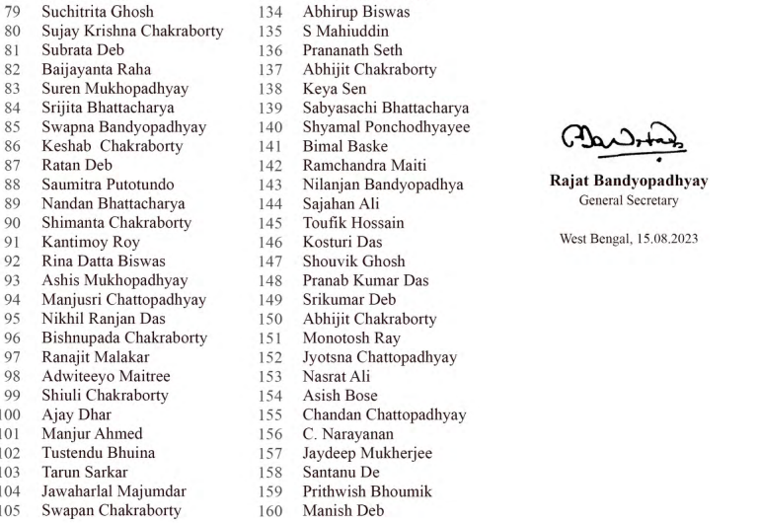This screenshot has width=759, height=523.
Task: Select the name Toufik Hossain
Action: pos(352,223)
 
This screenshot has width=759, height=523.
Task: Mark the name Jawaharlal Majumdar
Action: pos(114,491)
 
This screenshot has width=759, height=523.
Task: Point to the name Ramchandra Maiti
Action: pos(365,166)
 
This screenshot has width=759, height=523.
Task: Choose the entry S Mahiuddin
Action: pos(345,32)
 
